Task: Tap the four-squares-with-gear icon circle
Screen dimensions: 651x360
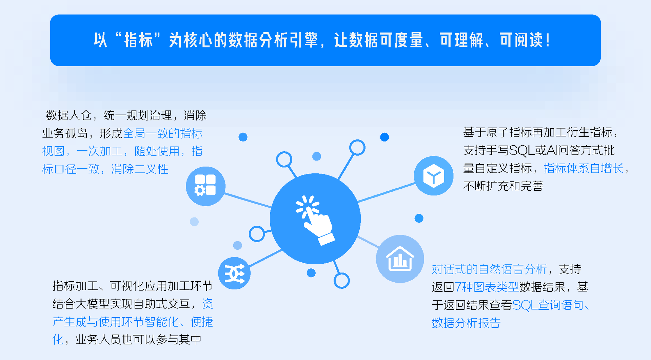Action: tap(205, 186)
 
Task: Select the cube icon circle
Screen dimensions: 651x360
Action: tap(434, 176)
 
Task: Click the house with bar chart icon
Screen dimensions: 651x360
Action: tap(400, 259)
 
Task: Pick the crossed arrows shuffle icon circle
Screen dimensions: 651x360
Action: tap(234, 273)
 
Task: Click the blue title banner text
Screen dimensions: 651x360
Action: tap(322, 40)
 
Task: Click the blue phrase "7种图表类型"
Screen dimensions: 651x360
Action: tap(487, 287)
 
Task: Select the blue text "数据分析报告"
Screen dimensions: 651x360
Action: tap(466, 323)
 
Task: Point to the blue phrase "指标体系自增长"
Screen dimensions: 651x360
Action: tap(584, 168)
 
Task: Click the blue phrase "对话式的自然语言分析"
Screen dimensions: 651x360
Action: tap(489, 269)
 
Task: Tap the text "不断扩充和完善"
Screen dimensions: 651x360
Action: tap(504, 186)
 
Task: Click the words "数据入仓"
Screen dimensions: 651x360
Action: tap(69, 115)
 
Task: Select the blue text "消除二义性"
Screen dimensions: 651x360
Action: tap(140, 169)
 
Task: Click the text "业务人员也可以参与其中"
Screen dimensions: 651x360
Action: tap(139, 339)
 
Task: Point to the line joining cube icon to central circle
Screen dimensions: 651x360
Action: tap(387, 192)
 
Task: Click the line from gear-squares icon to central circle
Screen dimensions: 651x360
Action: tap(248, 200)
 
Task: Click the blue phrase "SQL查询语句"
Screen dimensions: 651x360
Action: tap(548, 305)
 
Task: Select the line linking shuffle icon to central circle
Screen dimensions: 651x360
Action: tap(265, 258)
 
